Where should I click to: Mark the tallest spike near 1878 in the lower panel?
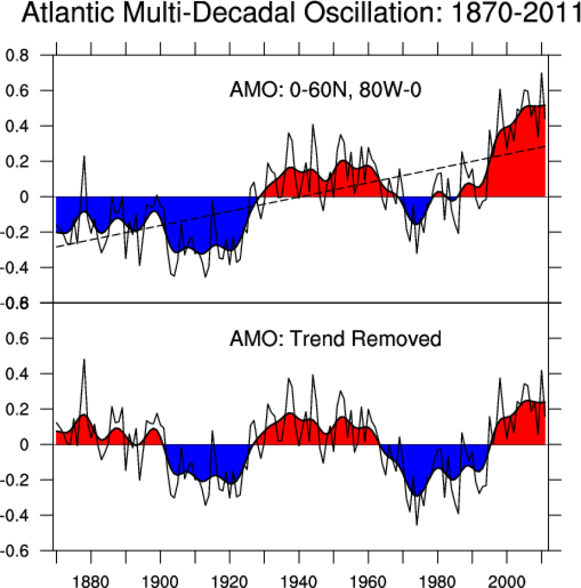pyautogui.click(x=84, y=360)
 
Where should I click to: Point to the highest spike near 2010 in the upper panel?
pyautogui.click(x=541, y=74)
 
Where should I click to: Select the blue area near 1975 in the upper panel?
pyautogui.click(x=415, y=207)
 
